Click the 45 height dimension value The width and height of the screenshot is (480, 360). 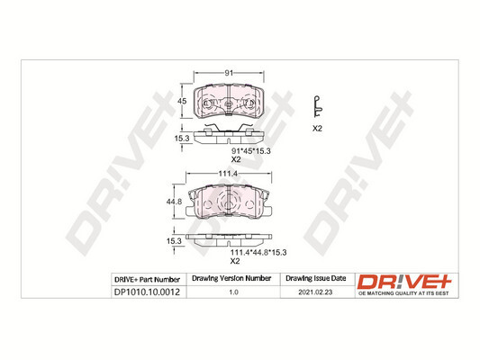click(x=180, y=101)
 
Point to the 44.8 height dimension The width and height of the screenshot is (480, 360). click(x=176, y=202)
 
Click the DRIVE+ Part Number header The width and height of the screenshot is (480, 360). click(x=149, y=279)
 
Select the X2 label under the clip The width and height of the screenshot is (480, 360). click(x=317, y=129)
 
